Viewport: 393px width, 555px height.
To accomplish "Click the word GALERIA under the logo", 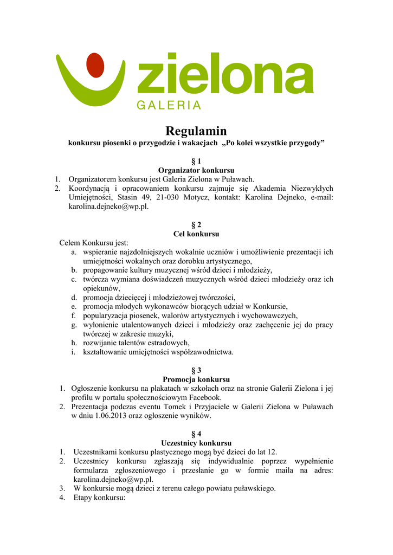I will [x=169, y=106].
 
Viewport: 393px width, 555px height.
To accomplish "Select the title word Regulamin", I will [x=196, y=131].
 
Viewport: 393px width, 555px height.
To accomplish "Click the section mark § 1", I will [x=196, y=161].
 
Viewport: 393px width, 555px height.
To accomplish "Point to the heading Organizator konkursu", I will [x=196, y=170].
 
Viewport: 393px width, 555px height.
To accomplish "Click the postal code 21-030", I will [x=165, y=197].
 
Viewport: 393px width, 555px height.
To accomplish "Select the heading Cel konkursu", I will [x=196, y=234].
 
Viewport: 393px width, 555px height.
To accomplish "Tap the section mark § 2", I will [x=196, y=224].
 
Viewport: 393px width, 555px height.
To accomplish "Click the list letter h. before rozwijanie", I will [x=74, y=343].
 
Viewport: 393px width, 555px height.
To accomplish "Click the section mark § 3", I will [x=196, y=370].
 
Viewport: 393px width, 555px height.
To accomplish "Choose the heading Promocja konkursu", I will [x=196, y=379].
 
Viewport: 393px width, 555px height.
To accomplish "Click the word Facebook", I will [x=204, y=397].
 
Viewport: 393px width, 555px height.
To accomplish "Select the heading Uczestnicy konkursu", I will [x=196, y=443].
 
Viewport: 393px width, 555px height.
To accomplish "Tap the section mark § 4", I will [x=196, y=434].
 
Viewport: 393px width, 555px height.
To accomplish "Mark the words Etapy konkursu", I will [x=99, y=498].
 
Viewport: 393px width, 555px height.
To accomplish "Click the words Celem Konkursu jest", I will [x=94, y=243].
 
